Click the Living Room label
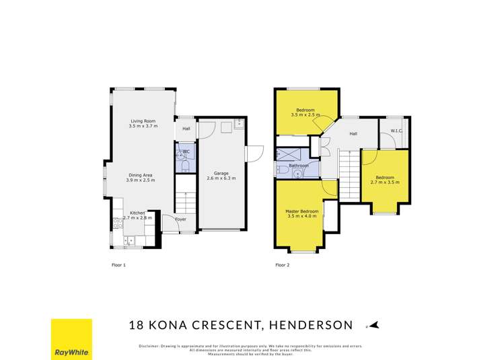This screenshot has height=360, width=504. click(x=142, y=121)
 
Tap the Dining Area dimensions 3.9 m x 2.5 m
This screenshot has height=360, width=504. click(x=142, y=180)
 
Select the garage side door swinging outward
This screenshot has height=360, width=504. click(x=254, y=153)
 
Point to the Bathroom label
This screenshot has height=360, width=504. click(x=298, y=165)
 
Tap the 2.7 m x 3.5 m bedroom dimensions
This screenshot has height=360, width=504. click(x=385, y=182)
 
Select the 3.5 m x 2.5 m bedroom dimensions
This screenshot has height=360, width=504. click(x=307, y=115)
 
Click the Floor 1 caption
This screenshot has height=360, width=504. click(x=118, y=264)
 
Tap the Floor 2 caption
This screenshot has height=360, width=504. click(x=282, y=264)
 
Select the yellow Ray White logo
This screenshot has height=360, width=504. click(x=71, y=340)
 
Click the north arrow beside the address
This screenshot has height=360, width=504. click(x=374, y=326)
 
